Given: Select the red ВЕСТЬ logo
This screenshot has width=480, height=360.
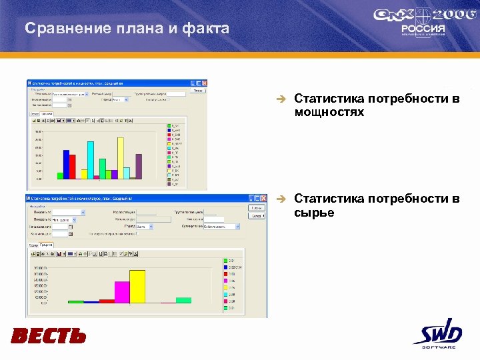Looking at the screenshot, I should click(x=49, y=335).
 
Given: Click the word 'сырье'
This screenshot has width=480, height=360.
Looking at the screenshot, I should click(x=314, y=213).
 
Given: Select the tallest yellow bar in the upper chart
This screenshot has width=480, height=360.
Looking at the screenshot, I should click(x=121, y=159).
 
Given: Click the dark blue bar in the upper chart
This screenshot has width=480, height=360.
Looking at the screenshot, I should click(x=66, y=164).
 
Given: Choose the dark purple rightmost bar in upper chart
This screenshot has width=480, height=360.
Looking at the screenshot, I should click(x=139, y=166).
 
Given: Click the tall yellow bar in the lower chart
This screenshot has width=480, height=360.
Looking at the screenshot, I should click(x=137, y=287).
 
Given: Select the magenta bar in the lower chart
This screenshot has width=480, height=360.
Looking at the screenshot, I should click(x=122, y=292).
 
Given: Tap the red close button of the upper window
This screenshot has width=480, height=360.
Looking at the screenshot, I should click(x=211, y=83).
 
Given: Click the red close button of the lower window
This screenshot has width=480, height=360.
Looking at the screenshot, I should click(x=262, y=198).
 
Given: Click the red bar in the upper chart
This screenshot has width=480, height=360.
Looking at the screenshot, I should click(x=73, y=167).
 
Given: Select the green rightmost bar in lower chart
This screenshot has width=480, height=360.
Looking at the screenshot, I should click(x=183, y=300).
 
